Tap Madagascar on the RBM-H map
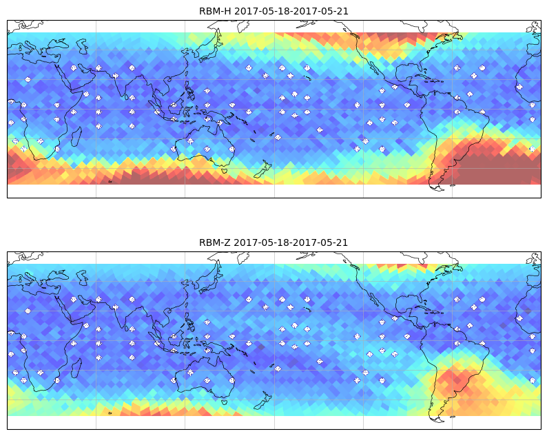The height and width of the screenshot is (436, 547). tap(76, 136)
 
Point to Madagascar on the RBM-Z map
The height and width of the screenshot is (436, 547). tap(76, 368)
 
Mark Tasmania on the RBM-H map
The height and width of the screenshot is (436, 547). tap(225, 171)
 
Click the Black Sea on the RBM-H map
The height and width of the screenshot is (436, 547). tap(59, 44)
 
